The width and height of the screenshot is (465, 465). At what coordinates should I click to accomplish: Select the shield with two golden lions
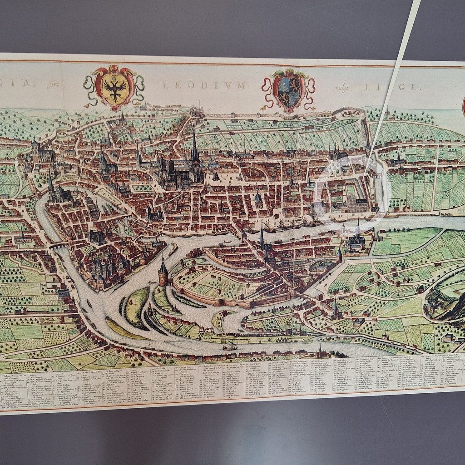pyautogui.click(x=288, y=90)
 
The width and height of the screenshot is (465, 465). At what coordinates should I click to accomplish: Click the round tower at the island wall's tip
pyautogui.click(x=163, y=272)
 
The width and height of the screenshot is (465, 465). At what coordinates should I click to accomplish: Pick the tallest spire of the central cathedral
pyautogui.click(x=194, y=145)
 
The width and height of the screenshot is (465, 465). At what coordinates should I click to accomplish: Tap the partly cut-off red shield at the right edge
pyautogui.click(x=463, y=105)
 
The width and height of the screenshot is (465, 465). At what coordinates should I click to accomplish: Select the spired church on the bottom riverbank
pyautogui.click(x=320, y=351)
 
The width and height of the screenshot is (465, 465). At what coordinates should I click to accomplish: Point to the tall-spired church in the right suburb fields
pyautogui.click(x=336, y=311)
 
